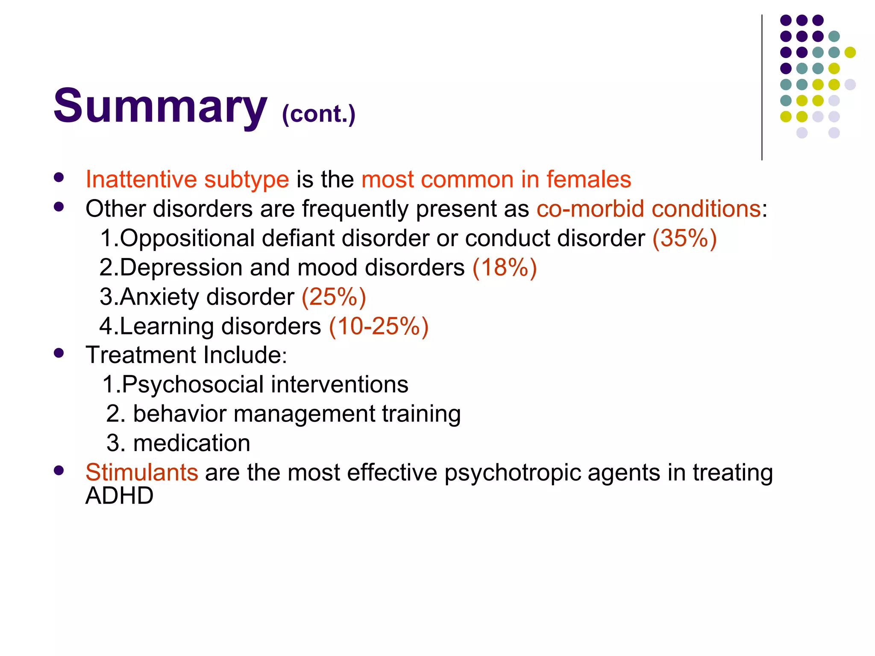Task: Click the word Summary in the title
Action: tap(160, 106)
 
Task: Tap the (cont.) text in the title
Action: tap(318, 114)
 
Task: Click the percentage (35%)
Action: tap(684, 238)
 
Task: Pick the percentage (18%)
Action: tap(504, 267)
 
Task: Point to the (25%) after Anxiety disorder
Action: tap(334, 297)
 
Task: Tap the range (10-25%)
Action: tap(379, 326)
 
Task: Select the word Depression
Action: tap(181, 268)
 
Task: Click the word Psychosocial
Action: tap(192, 384)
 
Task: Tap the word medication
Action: tap(191, 443)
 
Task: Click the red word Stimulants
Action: tap(141, 472)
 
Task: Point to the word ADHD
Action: tap(119, 496)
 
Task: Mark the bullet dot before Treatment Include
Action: tap(59, 353)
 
